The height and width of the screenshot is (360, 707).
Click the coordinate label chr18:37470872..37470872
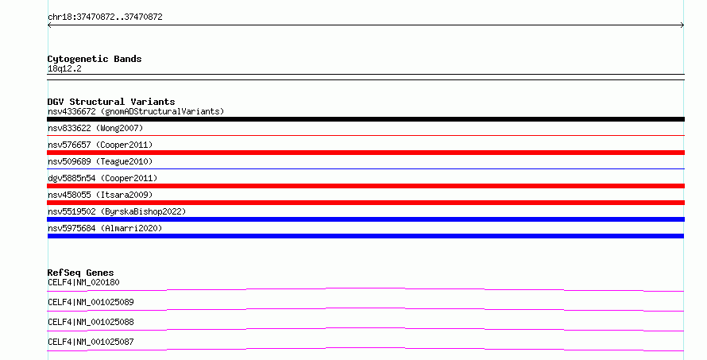(105, 17)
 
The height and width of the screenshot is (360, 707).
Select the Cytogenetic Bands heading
(95, 59)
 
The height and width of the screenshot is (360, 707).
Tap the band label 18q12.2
(64, 68)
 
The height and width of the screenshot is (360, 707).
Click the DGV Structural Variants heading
(111, 102)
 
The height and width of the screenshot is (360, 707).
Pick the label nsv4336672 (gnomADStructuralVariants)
(136, 111)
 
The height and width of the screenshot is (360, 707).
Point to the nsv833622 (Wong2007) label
(95, 128)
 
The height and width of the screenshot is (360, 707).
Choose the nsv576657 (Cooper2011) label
(100, 145)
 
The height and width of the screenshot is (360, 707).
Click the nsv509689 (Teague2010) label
(100, 161)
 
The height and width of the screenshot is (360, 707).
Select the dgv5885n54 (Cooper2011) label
(102, 178)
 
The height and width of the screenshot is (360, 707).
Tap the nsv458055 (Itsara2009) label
(100, 195)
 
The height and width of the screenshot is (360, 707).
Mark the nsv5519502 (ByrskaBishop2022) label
(117, 211)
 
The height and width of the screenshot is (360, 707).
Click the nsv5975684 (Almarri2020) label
(105, 228)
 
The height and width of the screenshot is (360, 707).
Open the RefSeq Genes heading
(81, 273)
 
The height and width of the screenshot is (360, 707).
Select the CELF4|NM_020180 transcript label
(83, 282)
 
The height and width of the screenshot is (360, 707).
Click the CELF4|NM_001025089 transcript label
(91, 302)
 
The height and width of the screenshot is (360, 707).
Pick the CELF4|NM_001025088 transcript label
(91, 322)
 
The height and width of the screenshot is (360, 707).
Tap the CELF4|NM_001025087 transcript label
(91, 342)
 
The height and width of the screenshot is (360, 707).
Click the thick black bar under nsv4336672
(365, 119)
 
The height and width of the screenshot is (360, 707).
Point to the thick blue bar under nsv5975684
(365, 236)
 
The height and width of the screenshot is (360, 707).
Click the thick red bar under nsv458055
(365, 203)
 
